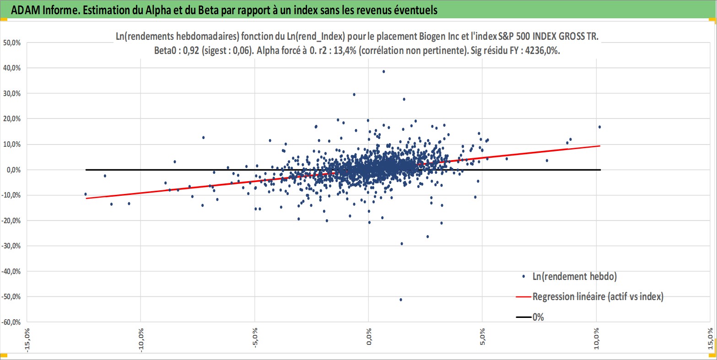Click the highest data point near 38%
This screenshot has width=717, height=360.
point(383,71)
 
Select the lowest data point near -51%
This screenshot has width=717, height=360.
point(401,300)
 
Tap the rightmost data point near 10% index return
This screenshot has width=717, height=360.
point(599,127)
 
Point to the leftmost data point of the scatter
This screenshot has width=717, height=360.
point(86,194)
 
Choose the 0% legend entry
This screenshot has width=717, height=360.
point(538,317)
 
